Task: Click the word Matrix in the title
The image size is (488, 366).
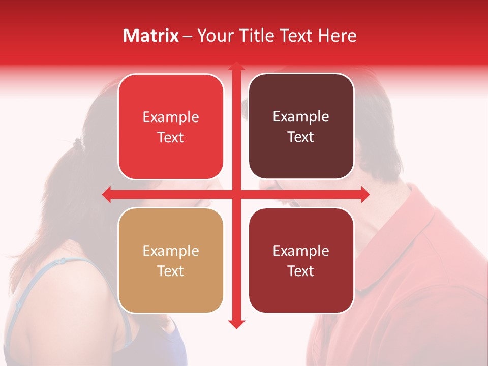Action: (x=151, y=36)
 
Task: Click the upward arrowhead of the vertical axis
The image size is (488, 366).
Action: (x=236, y=67)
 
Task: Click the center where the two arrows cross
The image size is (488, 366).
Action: (x=236, y=194)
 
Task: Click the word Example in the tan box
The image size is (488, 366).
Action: (x=170, y=251)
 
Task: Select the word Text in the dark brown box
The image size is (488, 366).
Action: (x=300, y=137)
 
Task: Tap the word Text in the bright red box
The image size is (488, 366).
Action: (x=170, y=138)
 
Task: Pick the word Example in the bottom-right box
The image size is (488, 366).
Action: (x=300, y=251)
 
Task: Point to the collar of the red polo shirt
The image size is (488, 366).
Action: (x=407, y=239)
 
